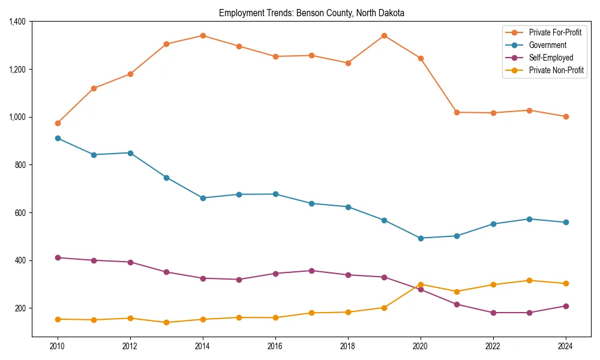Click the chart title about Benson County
click(x=311, y=13)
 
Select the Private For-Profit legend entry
click(x=555, y=32)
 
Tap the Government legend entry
click(x=547, y=45)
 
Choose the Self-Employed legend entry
click(x=551, y=58)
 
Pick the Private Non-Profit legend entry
click(x=556, y=70)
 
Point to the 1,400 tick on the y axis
click(x=17, y=22)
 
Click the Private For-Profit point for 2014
click(x=203, y=35)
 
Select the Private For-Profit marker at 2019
click(x=384, y=35)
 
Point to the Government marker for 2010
click(x=58, y=138)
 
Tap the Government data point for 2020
click(x=421, y=238)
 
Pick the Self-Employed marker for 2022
click(x=493, y=313)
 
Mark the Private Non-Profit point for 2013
click(x=166, y=322)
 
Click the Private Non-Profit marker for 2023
click(x=529, y=280)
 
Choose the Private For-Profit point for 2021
click(x=457, y=112)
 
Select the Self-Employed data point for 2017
click(x=311, y=271)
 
